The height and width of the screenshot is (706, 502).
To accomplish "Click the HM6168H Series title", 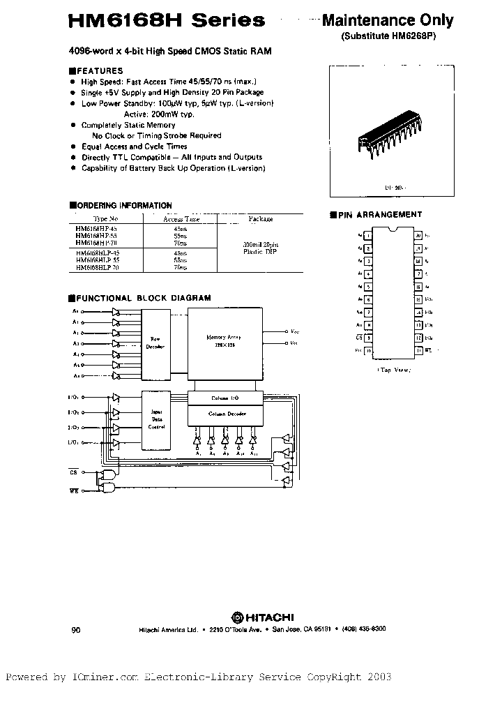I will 167,20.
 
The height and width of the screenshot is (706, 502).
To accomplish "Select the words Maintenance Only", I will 387,20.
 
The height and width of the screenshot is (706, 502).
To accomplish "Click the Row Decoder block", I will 155,341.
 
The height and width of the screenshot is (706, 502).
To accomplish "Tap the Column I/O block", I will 225,398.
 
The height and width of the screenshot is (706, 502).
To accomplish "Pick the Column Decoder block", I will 225,414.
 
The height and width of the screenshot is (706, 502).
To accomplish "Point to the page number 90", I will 76,629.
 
